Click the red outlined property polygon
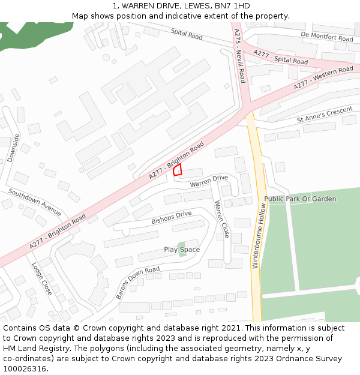click(x=178, y=170)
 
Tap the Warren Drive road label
click(x=209, y=181)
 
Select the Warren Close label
click(x=222, y=219)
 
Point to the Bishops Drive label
click(x=172, y=217)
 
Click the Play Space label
click(x=182, y=250)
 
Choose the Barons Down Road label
click(x=138, y=283)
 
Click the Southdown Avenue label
click(x=35, y=202)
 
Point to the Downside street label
click(x=13, y=148)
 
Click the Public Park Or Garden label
click(x=300, y=199)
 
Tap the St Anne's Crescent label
click(x=325, y=116)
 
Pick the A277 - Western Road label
click(x=323, y=79)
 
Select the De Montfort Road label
click(x=327, y=37)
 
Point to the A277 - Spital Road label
click(x=280, y=57)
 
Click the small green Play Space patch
click(x=182, y=247)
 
